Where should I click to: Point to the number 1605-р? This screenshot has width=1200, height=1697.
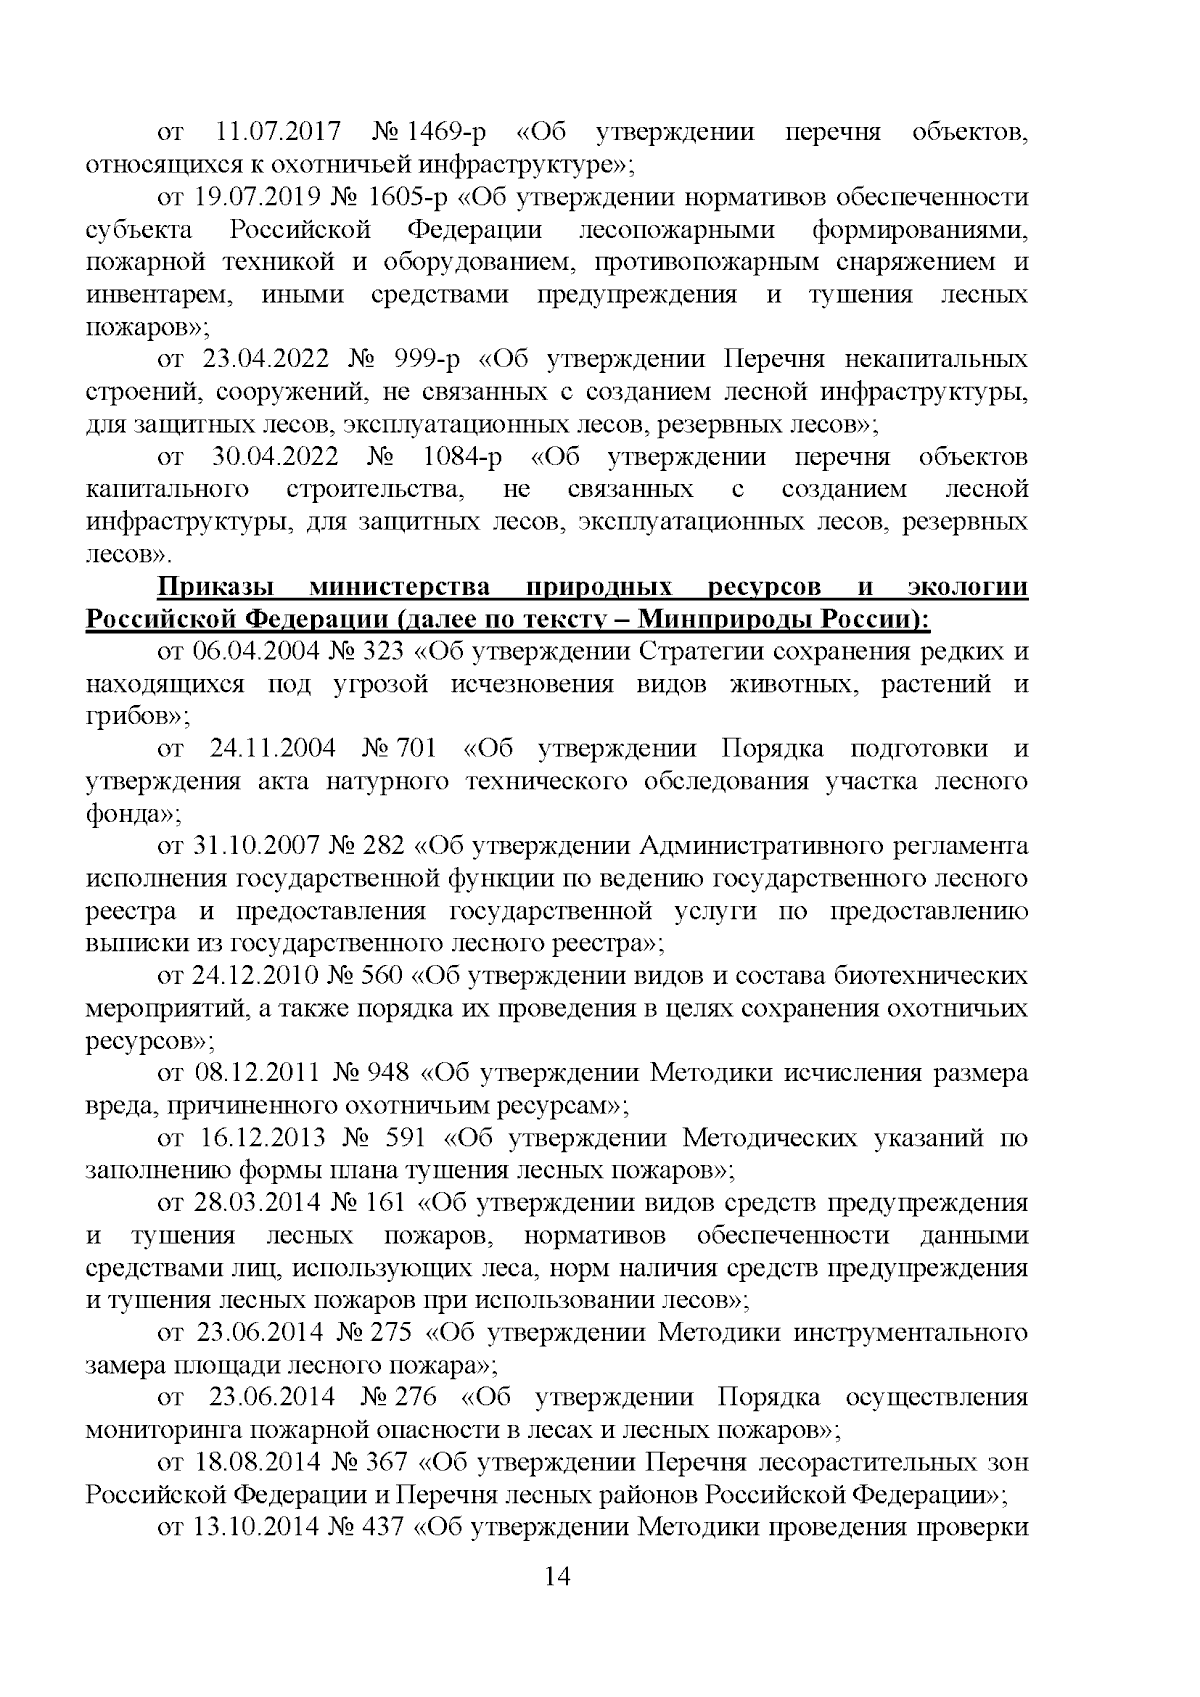point(406,198)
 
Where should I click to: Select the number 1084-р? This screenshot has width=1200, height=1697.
point(462,457)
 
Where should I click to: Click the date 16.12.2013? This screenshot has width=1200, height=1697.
point(268,1138)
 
